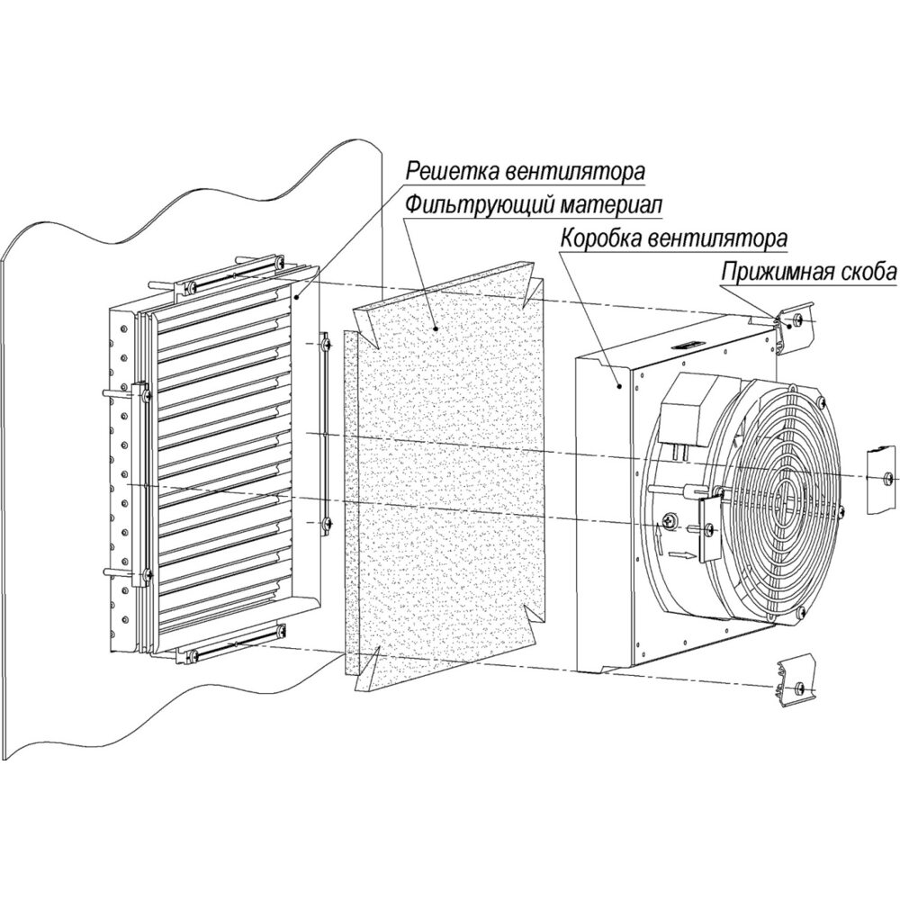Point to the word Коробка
(599, 238)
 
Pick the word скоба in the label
(867, 272)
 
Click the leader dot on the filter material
(436, 328)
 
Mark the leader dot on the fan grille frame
(296, 297)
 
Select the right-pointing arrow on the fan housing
(681, 555)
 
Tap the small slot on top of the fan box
(687, 346)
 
